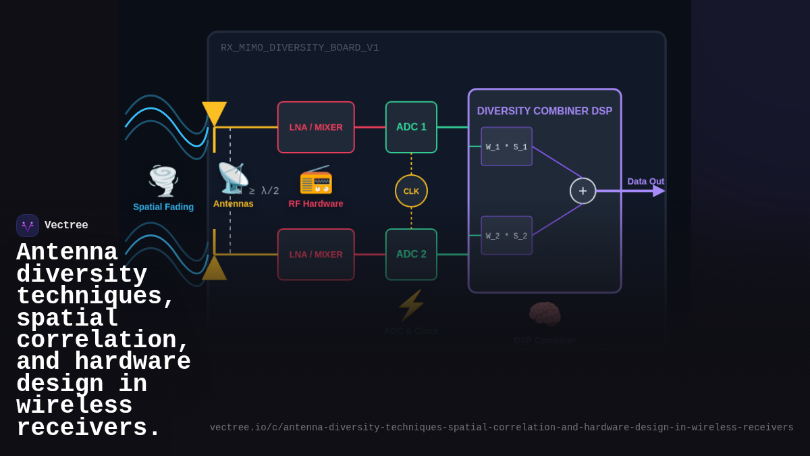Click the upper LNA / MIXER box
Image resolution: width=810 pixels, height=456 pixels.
point(316,127)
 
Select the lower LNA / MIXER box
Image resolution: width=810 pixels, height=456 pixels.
point(316,255)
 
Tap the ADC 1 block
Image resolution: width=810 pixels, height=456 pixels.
point(411,127)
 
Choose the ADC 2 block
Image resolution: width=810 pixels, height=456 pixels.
point(411,255)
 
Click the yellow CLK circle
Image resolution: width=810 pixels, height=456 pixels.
point(411,191)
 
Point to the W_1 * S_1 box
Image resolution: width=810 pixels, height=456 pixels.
point(506,147)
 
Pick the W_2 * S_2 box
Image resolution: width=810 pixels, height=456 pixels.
point(506,236)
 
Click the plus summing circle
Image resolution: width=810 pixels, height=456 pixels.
point(583,191)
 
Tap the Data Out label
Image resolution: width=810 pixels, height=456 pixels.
point(645,181)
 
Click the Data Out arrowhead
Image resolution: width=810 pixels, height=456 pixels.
point(659,191)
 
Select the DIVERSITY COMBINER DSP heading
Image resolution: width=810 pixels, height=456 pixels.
point(544,111)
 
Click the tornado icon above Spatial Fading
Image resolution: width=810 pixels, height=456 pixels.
point(163,180)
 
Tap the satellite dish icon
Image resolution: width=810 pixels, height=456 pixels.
point(233,178)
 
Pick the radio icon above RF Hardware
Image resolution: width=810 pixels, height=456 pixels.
point(316,179)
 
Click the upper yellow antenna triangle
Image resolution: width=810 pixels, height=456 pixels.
point(214,112)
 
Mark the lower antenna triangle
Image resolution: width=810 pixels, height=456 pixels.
point(214,269)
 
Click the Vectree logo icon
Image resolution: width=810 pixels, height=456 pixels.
point(28,226)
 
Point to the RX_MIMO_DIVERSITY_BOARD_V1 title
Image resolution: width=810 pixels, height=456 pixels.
point(300,48)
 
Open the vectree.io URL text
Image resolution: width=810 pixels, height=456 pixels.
point(502,428)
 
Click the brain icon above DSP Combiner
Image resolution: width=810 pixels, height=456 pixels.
point(544,314)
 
